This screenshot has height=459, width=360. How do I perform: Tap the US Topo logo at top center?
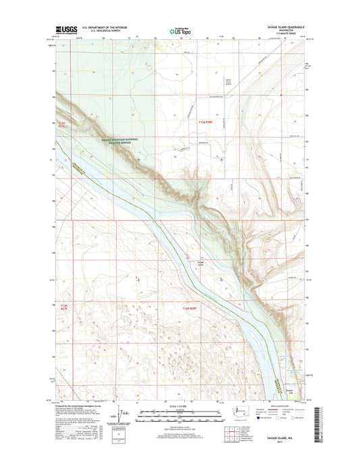(x=180, y=30)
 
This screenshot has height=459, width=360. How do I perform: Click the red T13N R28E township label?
(x=210, y=122)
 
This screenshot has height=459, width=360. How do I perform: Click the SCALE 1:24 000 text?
(x=180, y=404)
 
